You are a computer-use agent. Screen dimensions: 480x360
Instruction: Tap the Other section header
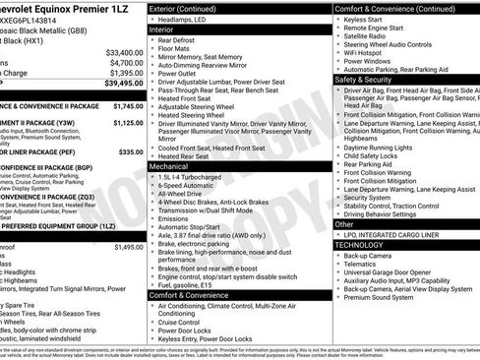click(x=347, y=223)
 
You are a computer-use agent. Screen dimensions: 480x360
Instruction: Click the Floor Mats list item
click(x=182, y=51)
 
